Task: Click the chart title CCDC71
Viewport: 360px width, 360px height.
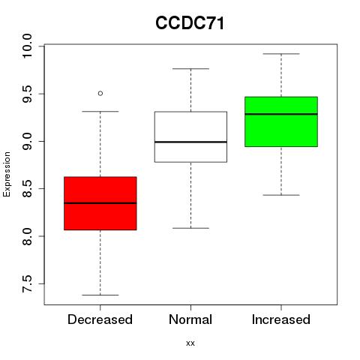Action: [190, 23]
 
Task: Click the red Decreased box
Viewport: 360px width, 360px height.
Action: [100, 203]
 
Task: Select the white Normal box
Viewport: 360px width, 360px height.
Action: [190, 136]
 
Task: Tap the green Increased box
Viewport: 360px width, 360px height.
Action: [281, 121]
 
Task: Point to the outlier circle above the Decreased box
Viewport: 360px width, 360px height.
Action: [100, 94]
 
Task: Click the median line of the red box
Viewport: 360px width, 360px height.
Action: [100, 203]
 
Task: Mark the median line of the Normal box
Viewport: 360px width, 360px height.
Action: [190, 142]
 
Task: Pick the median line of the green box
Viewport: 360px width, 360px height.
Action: [281, 114]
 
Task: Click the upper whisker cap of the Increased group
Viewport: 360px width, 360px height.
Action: [281, 54]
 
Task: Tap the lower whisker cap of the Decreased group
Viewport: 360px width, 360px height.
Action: [100, 295]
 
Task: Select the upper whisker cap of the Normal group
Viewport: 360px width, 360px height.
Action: [190, 69]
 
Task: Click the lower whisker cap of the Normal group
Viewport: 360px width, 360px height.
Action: [190, 228]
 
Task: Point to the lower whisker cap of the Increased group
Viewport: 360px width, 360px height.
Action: [281, 195]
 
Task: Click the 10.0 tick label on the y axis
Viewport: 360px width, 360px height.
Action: [27, 46]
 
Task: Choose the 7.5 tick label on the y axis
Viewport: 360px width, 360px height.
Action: [27, 284]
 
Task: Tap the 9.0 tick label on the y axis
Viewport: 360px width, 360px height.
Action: [27, 142]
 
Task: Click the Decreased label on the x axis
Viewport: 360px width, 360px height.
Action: [100, 319]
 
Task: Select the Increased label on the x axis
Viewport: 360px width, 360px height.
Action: [281, 319]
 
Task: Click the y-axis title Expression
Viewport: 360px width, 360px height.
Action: [7, 174]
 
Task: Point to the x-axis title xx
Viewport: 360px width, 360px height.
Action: [190, 343]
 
